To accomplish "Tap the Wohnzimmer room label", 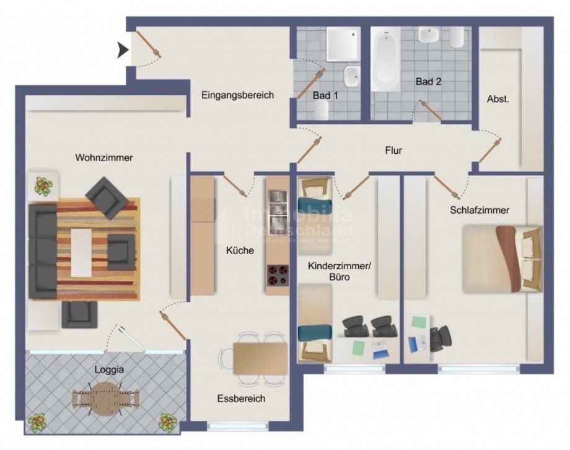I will click(x=104, y=158).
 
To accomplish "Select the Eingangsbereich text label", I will click(x=237, y=95).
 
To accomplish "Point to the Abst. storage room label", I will click(x=498, y=99).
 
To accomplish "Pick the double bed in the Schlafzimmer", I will click(x=502, y=258).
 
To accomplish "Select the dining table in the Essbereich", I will click(x=260, y=358).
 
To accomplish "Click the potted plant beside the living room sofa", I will click(x=43, y=185).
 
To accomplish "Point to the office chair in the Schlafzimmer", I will click(x=442, y=337).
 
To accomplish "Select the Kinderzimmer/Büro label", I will click(x=339, y=271).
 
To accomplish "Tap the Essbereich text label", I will click(x=241, y=399).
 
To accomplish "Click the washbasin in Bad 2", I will click(x=429, y=35).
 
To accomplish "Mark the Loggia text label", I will click(x=109, y=369).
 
